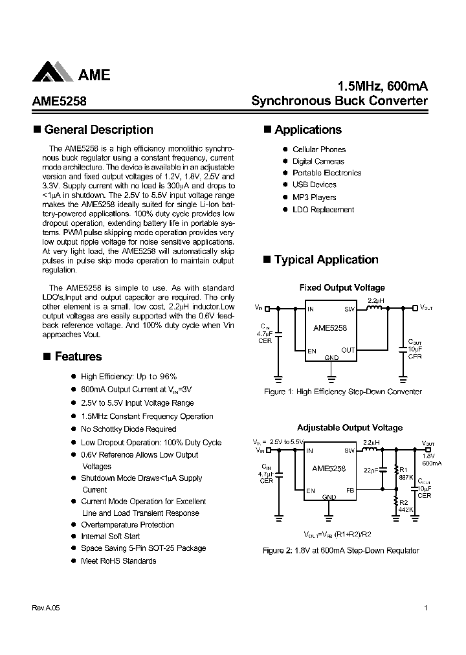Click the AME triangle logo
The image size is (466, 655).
tap(52, 72)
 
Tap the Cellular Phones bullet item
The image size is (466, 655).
tap(319, 150)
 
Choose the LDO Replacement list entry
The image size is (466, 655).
tap(323, 210)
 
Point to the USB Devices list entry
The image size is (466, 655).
tap(314, 185)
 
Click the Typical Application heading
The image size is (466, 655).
tap(326, 260)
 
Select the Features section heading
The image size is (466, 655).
tap(78, 357)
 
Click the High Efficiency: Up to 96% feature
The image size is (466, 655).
tap(129, 377)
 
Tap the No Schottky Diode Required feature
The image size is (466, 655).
tap(128, 429)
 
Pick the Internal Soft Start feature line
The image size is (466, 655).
tap(111, 537)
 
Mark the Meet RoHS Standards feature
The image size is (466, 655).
tap(118, 561)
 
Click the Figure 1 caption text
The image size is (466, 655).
tap(343, 392)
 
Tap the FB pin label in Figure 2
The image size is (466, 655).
tap(349, 491)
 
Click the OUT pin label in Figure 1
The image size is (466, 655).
tap(348, 350)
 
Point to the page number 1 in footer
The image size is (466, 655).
tap(425, 608)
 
